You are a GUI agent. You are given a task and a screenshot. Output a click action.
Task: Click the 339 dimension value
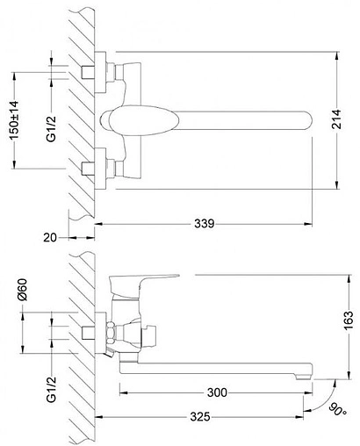click(205, 224)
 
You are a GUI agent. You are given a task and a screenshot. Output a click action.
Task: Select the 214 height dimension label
click(336, 119)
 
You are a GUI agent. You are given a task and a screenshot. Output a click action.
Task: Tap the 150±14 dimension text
click(15, 120)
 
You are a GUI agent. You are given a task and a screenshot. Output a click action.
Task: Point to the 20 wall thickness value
click(50, 237)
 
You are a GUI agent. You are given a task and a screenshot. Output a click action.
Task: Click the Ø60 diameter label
click(23, 290)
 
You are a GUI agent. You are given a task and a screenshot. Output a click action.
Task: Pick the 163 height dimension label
click(349, 320)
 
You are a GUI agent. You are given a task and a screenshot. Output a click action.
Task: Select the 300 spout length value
click(217, 392)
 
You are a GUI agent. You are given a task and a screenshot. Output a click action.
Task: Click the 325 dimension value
click(200, 416)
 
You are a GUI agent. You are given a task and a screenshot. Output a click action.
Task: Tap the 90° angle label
click(338, 409)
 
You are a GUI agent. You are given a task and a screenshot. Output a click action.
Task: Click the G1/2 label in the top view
click(52, 129)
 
